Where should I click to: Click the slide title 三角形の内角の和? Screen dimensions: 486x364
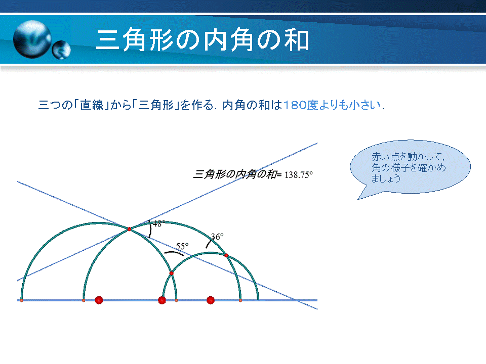(202, 40)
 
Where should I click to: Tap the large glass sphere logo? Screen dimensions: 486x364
(32, 39)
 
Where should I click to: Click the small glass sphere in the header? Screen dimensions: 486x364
(61, 50)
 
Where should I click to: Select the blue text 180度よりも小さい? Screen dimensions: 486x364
(332, 105)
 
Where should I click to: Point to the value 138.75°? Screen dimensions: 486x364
(299, 175)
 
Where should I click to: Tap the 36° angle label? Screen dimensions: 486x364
(217, 237)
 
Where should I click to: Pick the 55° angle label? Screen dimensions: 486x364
(182, 246)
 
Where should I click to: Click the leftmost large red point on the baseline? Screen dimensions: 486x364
(99, 300)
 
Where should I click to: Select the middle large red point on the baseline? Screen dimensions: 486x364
(162, 300)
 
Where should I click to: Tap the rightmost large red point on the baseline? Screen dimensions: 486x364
(211, 300)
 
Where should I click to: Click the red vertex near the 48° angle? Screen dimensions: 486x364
(129, 229)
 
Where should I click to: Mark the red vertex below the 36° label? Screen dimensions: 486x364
(226, 255)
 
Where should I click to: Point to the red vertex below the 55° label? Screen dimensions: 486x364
(172, 274)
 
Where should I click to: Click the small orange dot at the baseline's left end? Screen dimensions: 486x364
(21, 300)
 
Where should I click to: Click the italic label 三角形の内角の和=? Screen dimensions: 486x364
(237, 174)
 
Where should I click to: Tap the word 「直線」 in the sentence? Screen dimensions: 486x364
(92, 105)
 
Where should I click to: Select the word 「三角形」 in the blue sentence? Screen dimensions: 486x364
(155, 105)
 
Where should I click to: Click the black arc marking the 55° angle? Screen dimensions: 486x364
(174, 253)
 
